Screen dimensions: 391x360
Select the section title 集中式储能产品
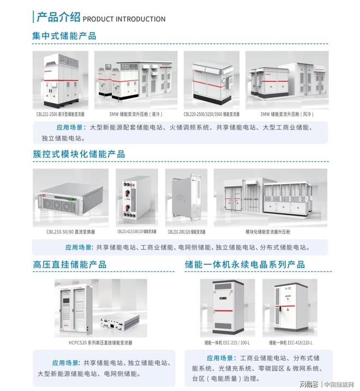coord(64,36)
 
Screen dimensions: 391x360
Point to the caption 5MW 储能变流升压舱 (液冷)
coord(136,115)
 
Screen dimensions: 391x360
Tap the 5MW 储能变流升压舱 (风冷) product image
coord(286,80)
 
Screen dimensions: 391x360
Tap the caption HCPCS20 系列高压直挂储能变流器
coord(100,343)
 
